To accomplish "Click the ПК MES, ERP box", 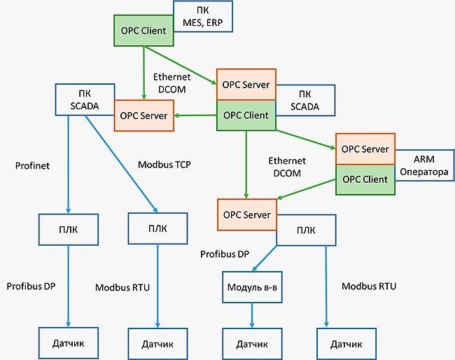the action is (203, 16).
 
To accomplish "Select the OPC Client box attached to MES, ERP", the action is (143, 31).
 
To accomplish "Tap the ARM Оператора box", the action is (424, 165).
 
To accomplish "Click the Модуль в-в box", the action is (252, 287).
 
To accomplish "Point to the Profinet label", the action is (32, 166).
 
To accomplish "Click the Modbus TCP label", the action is (164, 165).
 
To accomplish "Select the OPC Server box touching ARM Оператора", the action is (365, 149).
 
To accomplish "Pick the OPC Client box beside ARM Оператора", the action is (365, 179).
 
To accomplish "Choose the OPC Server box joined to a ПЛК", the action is (247, 215).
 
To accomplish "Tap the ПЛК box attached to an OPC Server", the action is (306, 230).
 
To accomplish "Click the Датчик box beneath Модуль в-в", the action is (252, 344).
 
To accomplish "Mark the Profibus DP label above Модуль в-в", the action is (225, 254).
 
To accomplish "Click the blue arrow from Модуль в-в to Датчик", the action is (252, 316).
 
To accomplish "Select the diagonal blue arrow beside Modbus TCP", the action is (121, 164).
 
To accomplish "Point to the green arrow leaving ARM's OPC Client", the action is (306, 189).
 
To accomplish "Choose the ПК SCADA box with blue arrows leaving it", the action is (85, 100).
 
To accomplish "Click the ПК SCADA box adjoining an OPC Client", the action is (305, 100).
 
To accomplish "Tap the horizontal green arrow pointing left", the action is (195, 116).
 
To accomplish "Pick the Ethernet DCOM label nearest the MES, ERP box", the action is (171, 83).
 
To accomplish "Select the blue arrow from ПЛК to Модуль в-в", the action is (265, 258).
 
